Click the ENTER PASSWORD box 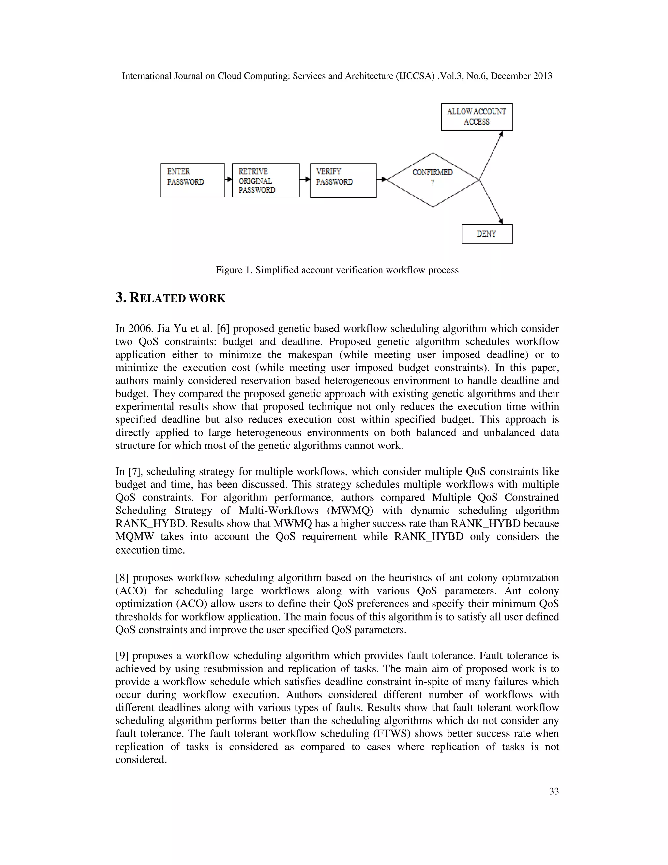tap(193, 180)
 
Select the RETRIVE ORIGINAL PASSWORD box tap(266, 180)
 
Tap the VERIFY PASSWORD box tap(343, 181)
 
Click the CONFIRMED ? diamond tap(433, 180)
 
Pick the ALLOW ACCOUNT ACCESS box tap(477, 117)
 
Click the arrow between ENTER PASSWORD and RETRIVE tap(228, 180)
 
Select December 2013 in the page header tap(521, 76)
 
